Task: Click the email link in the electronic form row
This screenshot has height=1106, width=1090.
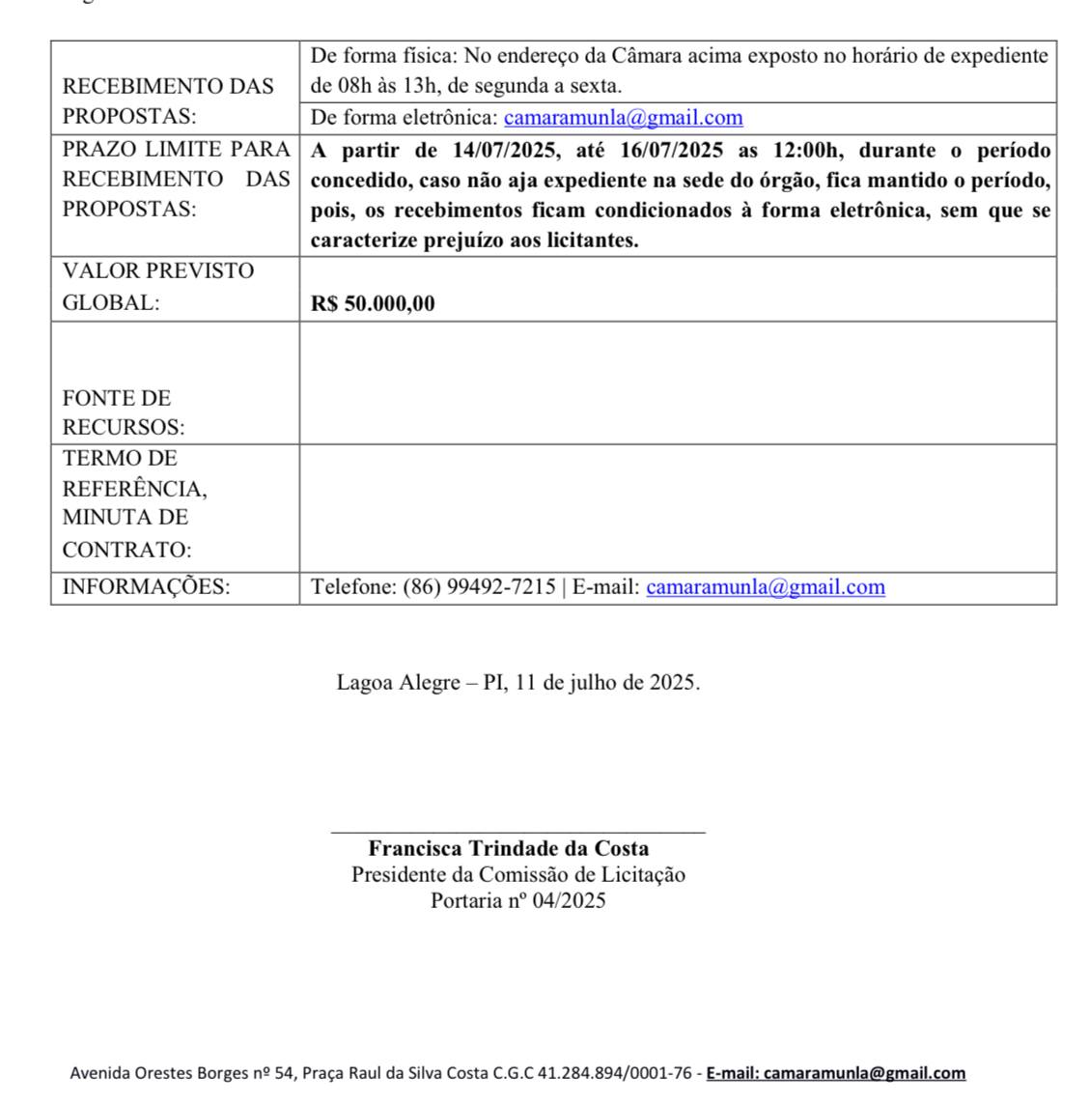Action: pyautogui.click(x=623, y=118)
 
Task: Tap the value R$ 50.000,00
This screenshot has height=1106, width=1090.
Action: pyautogui.click(x=373, y=303)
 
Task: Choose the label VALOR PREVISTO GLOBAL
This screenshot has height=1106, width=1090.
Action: pyautogui.click(x=158, y=286)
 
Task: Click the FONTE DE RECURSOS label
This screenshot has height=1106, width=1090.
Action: pyautogui.click(x=123, y=412)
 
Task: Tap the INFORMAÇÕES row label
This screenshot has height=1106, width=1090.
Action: pyautogui.click(x=146, y=586)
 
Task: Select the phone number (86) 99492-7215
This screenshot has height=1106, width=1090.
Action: pyautogui.click(x=479, y=586)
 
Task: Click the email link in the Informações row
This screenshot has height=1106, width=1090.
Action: pyautogui.click(x=765, y=586)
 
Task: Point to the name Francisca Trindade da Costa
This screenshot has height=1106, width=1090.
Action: pyautogui.click(x=508, y=848)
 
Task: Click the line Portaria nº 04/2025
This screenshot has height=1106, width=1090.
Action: pyautogui.click(x=517, y=900)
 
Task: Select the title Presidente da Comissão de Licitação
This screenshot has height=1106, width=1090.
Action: pyautogui.click(x=517, y=874)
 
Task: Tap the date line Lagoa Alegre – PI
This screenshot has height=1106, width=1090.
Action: pyautogui.click(x=517, y=682)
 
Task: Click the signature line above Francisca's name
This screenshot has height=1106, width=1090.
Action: pyautogui.click(x=517, y=830)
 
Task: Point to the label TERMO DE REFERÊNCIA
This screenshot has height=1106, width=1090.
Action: pyautogui.click(x=134, y=473)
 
